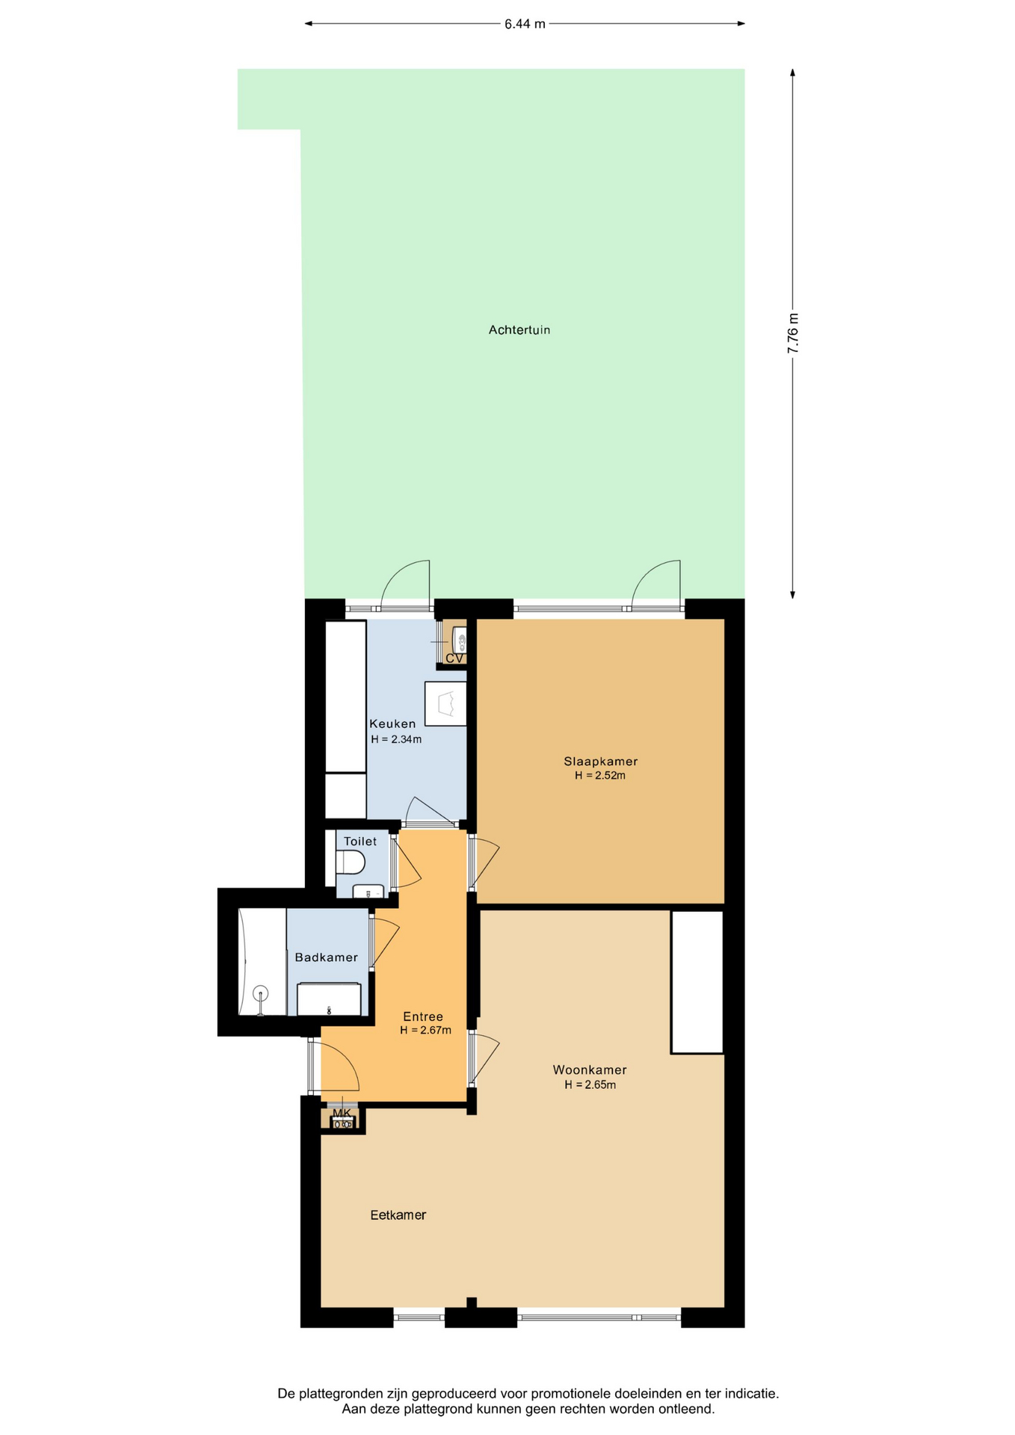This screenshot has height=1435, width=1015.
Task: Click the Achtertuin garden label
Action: click(x=519, y=330)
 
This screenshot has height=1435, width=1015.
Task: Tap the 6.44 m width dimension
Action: click(x=525, y=24)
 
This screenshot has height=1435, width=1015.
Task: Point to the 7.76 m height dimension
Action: click(x=793, y=333)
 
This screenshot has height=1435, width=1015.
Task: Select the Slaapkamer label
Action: click(x=601, y=762)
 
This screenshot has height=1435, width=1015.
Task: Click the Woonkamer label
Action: click(x=590, y=1070)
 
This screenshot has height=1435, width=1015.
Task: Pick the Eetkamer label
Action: click(x=398, y=1215)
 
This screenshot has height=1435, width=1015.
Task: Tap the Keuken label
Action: click(x=392, y=723)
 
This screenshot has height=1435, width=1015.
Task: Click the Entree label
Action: click(x=423, y=1016)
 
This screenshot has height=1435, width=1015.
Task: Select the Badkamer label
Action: click(x=327, y=957)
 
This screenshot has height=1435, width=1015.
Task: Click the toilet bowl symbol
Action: click(x=350, y=862)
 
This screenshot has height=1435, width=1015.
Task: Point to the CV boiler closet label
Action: click(x=454, y=658)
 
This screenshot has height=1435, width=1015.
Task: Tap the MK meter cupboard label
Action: click(x=342, y=1113)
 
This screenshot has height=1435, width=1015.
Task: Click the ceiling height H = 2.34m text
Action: click(x=396, y=740)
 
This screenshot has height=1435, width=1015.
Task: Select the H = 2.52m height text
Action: click(x=600, y=776)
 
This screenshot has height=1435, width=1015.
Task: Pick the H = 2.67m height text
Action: click(x=425, y=1031)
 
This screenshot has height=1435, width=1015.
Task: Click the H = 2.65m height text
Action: click(x=590, y=1085)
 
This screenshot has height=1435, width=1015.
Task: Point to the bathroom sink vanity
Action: click(x=329, y=999)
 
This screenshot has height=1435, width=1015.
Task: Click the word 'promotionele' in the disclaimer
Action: click(x=567, y=1393)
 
